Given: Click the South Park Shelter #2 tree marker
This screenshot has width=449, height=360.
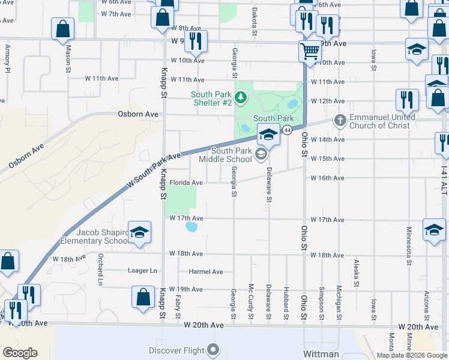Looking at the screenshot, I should (240, 96).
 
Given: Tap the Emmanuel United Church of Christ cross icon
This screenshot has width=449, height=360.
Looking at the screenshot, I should (340, 121).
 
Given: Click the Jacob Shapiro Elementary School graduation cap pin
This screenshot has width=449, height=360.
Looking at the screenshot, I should (139, 233).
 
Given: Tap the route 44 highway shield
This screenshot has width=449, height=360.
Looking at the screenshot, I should (288, 130).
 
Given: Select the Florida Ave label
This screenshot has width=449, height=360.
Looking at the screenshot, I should (186, 182).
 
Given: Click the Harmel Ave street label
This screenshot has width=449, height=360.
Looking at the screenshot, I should (206, 272).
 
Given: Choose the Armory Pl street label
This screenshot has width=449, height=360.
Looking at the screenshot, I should (8, 58).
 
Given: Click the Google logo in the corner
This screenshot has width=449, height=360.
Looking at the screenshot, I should (20, 352).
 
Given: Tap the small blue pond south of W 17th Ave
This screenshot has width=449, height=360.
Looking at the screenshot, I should (191, 227).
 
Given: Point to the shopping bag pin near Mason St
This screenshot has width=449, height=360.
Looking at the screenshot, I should (62, 28).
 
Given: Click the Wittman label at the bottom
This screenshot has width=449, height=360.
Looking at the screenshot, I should (321, 354).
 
